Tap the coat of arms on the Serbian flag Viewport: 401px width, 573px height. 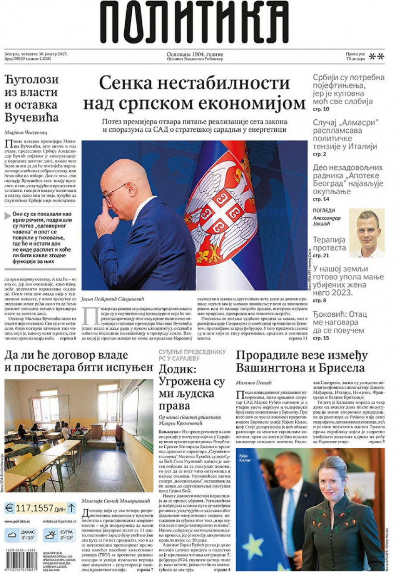tap(221, 207)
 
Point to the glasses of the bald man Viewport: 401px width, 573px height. tap(115, 193)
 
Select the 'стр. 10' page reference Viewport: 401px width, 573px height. tap(321, 109)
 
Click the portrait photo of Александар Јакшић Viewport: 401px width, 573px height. tap(367, 233)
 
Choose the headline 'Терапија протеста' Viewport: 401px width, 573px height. tap(329, 244)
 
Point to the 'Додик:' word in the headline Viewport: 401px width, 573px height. tap(177, 369)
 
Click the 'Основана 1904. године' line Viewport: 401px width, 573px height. tap(195, 54)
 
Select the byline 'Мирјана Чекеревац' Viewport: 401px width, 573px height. tap(25, 132)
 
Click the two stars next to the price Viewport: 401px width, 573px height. tap(376, 56)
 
